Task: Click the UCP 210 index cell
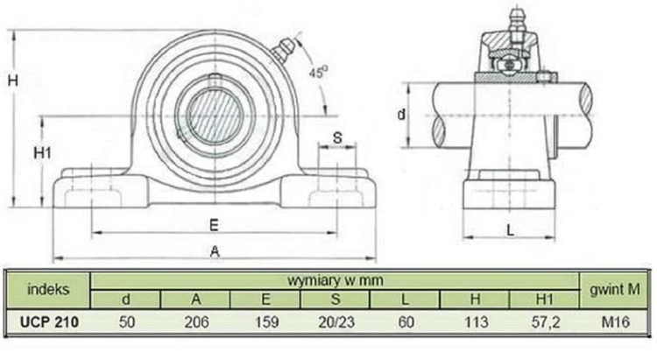49,321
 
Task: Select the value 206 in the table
196,321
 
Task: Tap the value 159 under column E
266,321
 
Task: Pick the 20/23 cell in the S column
336,321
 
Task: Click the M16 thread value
616,321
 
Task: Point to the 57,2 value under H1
546,321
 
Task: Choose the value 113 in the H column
476,321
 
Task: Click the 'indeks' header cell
48,289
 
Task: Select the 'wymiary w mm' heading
336,280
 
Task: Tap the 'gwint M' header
615,289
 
